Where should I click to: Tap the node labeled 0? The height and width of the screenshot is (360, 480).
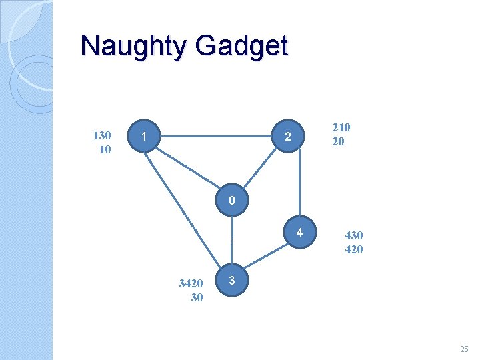pos(231,201)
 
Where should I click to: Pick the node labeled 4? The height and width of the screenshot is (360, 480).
pos(300,233)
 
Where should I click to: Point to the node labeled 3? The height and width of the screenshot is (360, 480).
pos(231,281)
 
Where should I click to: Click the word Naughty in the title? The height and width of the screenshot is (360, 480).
pos(133,46)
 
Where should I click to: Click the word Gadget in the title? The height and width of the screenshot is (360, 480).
pos(241,46)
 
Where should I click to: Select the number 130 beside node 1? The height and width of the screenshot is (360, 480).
pos(102,135)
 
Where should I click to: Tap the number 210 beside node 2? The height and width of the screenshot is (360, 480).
pos(341,127)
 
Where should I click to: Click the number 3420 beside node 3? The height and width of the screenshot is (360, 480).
pos(191,283)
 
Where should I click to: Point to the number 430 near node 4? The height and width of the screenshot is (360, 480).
pos(353,235)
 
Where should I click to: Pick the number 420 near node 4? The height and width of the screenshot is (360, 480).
pos(353,249)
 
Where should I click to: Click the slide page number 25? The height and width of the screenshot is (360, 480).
pos(464,349)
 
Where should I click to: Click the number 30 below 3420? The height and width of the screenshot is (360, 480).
pos(197,297)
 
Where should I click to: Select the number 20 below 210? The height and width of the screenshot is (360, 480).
pos(338,141)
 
